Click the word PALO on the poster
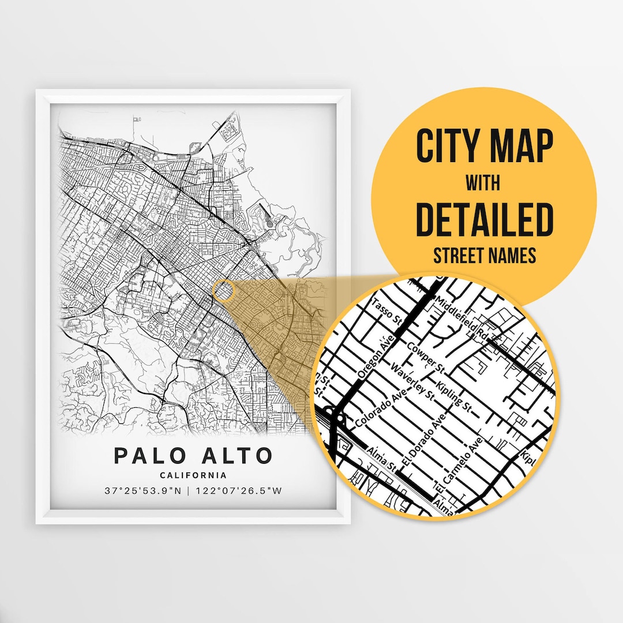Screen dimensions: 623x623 click(x=149, y=455)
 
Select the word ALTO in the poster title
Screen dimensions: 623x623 click(x=239, y=455)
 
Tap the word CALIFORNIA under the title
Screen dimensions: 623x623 click(x=193, y=475)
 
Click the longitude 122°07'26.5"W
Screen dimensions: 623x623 click(x=238, y=491)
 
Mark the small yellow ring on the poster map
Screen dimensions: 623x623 click(x=223, y=291)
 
